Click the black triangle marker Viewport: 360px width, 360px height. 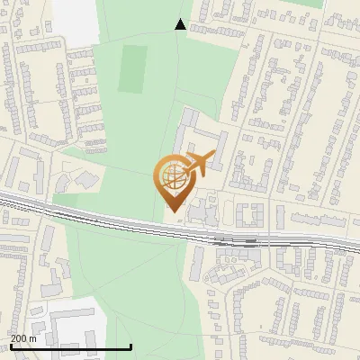pyautogui.click(x=180, y=24)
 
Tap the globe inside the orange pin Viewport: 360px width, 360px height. pyautogui.click(x=172, y=175)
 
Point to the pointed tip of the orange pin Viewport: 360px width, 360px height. pyautogui.click(x=172, y=211)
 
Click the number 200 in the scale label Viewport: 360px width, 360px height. pyautogui.click(x=18, y=338)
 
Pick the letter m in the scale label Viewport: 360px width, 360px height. pyautogui.click(x=32, y=338)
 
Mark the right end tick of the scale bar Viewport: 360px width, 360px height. pyautogui.click(x=131, y=346)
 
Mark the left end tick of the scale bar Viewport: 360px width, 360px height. pyautogui.click(x=9, y=346)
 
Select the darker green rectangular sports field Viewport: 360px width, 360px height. pyautogui.click(x=133, y=67)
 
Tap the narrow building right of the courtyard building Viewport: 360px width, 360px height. pyautogui.click(x=281, y=217)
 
